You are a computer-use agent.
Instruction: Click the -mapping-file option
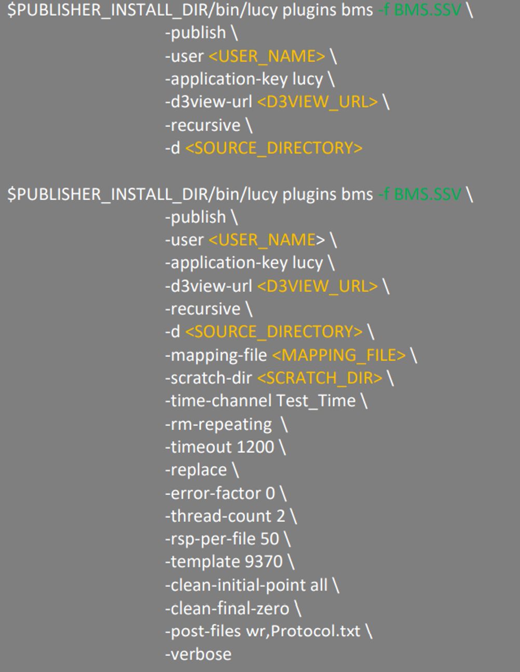(x=216, y=355)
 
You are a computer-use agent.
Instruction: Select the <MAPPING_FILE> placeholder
(x=338, y=355)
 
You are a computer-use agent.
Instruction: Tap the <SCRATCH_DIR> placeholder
(x=319, y=378)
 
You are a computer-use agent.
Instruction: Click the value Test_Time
(x=316, y=401)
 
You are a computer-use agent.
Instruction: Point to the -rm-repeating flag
(x=218, y=424)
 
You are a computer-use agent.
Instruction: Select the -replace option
(x=196, y=470)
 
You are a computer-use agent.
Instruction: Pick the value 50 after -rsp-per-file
(x=269, y=539)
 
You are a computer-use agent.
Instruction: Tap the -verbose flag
(x=198, y=654)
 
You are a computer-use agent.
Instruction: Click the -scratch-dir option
(x=208, y=378)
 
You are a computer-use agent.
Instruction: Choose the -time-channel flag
(x=218, y=401)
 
